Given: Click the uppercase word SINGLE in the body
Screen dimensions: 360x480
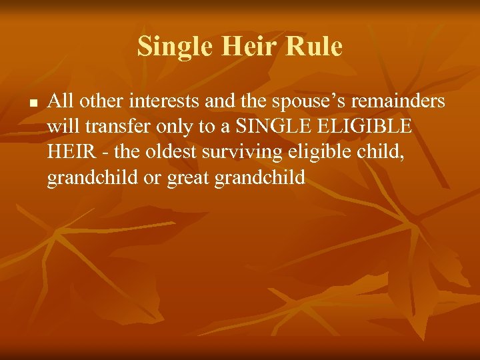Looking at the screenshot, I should [x=268, y=127].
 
